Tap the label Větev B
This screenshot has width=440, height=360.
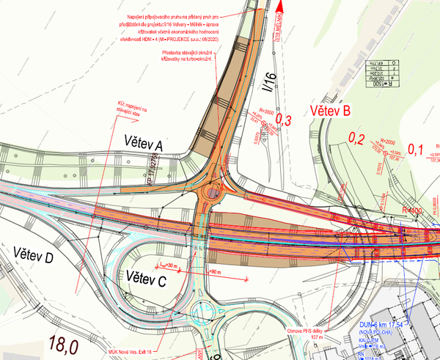click(x=330, y=111)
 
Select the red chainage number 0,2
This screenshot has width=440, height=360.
click(x=356, y=137)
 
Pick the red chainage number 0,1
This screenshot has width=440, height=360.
click(x=416, y=150)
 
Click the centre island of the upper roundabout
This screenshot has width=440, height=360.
click(x=213, y=194)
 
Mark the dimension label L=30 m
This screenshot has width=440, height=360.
click(x=171, y=265)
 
